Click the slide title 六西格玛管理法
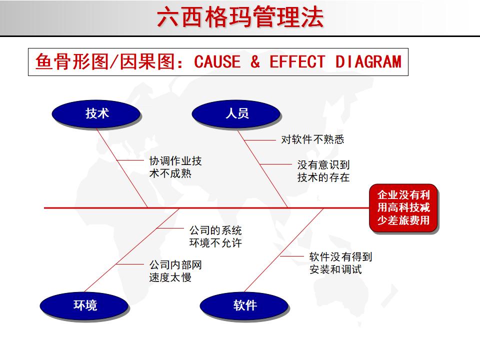pyautogui.click(x=240, y=17)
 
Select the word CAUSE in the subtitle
pyautogui.click(x=217, y=62)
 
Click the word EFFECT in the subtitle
pyautogui.click(x=297, y=62)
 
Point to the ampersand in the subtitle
pyautogui.click(x=255, y=62)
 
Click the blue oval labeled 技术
pyautogui.click(x=97, y=113)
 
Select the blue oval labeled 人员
pyautogui.click(x=236, y=113)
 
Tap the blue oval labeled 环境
pyautogui.click(x=85, y=305)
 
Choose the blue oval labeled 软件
pyautogui.click(x=244, y=305)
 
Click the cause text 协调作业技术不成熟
pyautogui.click(x=175, y=167)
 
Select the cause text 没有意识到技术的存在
pyautogui.click(x=323, y=170)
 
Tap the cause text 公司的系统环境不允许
pyautogui.click(x=215, y=236)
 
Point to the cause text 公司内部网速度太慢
pyautogui.click(x=175, y=271)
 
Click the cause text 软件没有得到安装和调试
pyautogui.click(x=340, y=263)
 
